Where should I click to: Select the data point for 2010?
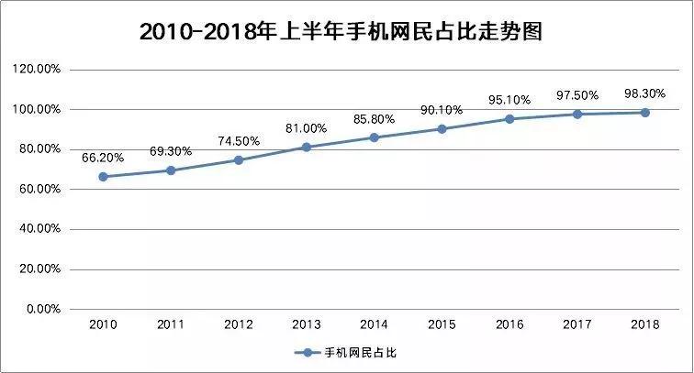(x=103, y=177)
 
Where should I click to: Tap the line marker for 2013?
(x=306, y=147)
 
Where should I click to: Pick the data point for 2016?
(x=509, y=119)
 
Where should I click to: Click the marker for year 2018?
(x=644, y=113)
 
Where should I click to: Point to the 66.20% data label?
(x=102, y=157)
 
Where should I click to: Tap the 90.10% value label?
(x=442, y=109)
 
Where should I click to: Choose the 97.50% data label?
(x=576, y=94)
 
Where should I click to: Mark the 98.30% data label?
(x=644, y=93)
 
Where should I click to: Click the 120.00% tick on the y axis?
(x=37, y=69)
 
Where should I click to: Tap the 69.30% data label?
(x=170, y=150)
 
